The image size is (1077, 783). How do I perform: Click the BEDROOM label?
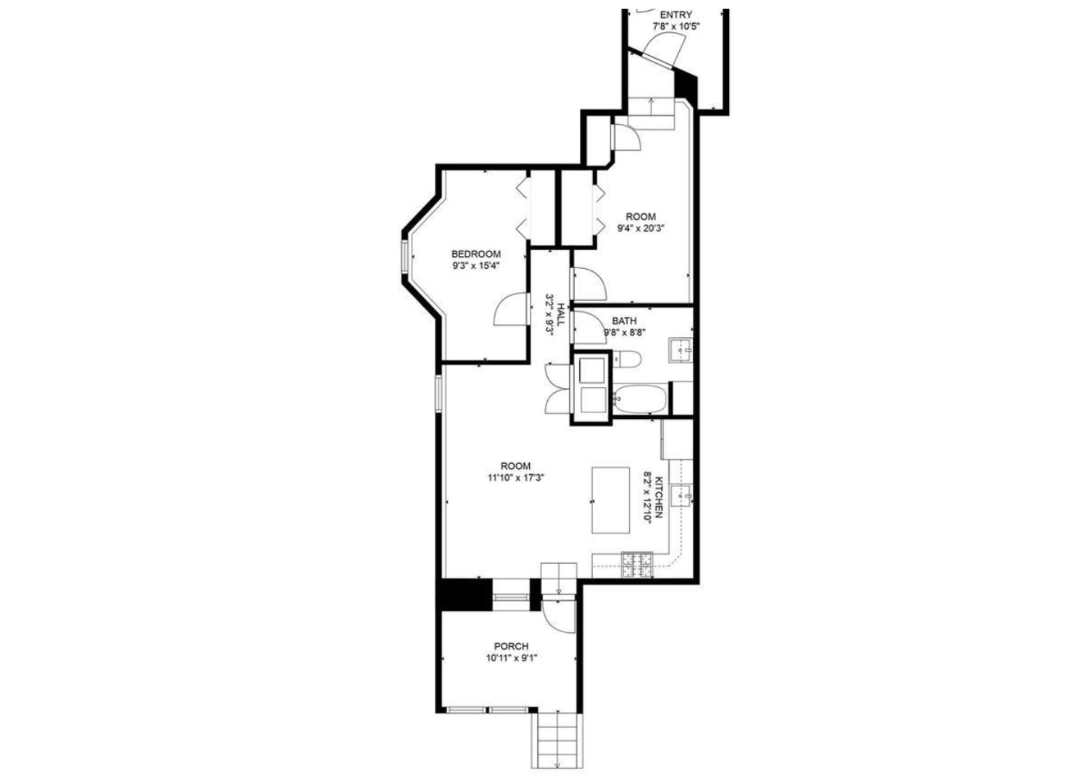475,254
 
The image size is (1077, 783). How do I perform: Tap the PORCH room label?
511,647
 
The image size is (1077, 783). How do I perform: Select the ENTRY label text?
675,15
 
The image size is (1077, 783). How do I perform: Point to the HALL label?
561,314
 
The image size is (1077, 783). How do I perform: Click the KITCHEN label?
660,497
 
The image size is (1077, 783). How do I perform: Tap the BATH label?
624,320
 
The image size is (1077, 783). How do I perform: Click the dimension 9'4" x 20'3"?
641,228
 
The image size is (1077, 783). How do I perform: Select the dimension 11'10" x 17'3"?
515,478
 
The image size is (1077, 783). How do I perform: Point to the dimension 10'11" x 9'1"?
511,658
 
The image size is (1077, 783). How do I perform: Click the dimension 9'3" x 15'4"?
476,265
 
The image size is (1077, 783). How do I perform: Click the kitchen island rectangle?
611,500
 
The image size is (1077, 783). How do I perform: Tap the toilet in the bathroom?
627,359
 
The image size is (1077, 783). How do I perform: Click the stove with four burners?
638,565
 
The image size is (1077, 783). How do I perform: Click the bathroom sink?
681,350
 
